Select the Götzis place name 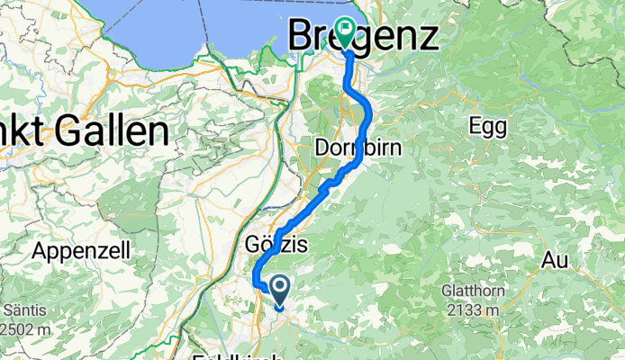tap(276, 244)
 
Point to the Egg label tap(488, 127)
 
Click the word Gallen tap(113, 132)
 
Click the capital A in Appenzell tap(41, 249)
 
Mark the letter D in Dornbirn tap(324, 147)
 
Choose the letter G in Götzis tap(253, 244)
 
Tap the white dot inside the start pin tap(279, 287)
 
